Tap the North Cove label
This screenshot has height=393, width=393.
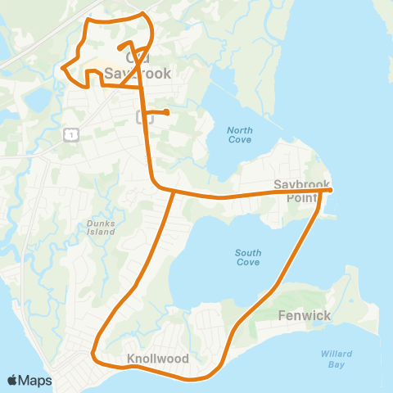240,135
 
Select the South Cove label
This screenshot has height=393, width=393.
247,257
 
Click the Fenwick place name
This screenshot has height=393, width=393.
304,314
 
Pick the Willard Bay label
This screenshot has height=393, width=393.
337,359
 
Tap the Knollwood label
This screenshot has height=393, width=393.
158,359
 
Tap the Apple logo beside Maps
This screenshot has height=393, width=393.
12,380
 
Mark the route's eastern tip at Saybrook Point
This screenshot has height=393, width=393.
329,191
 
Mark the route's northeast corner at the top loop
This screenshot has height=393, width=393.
144,14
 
